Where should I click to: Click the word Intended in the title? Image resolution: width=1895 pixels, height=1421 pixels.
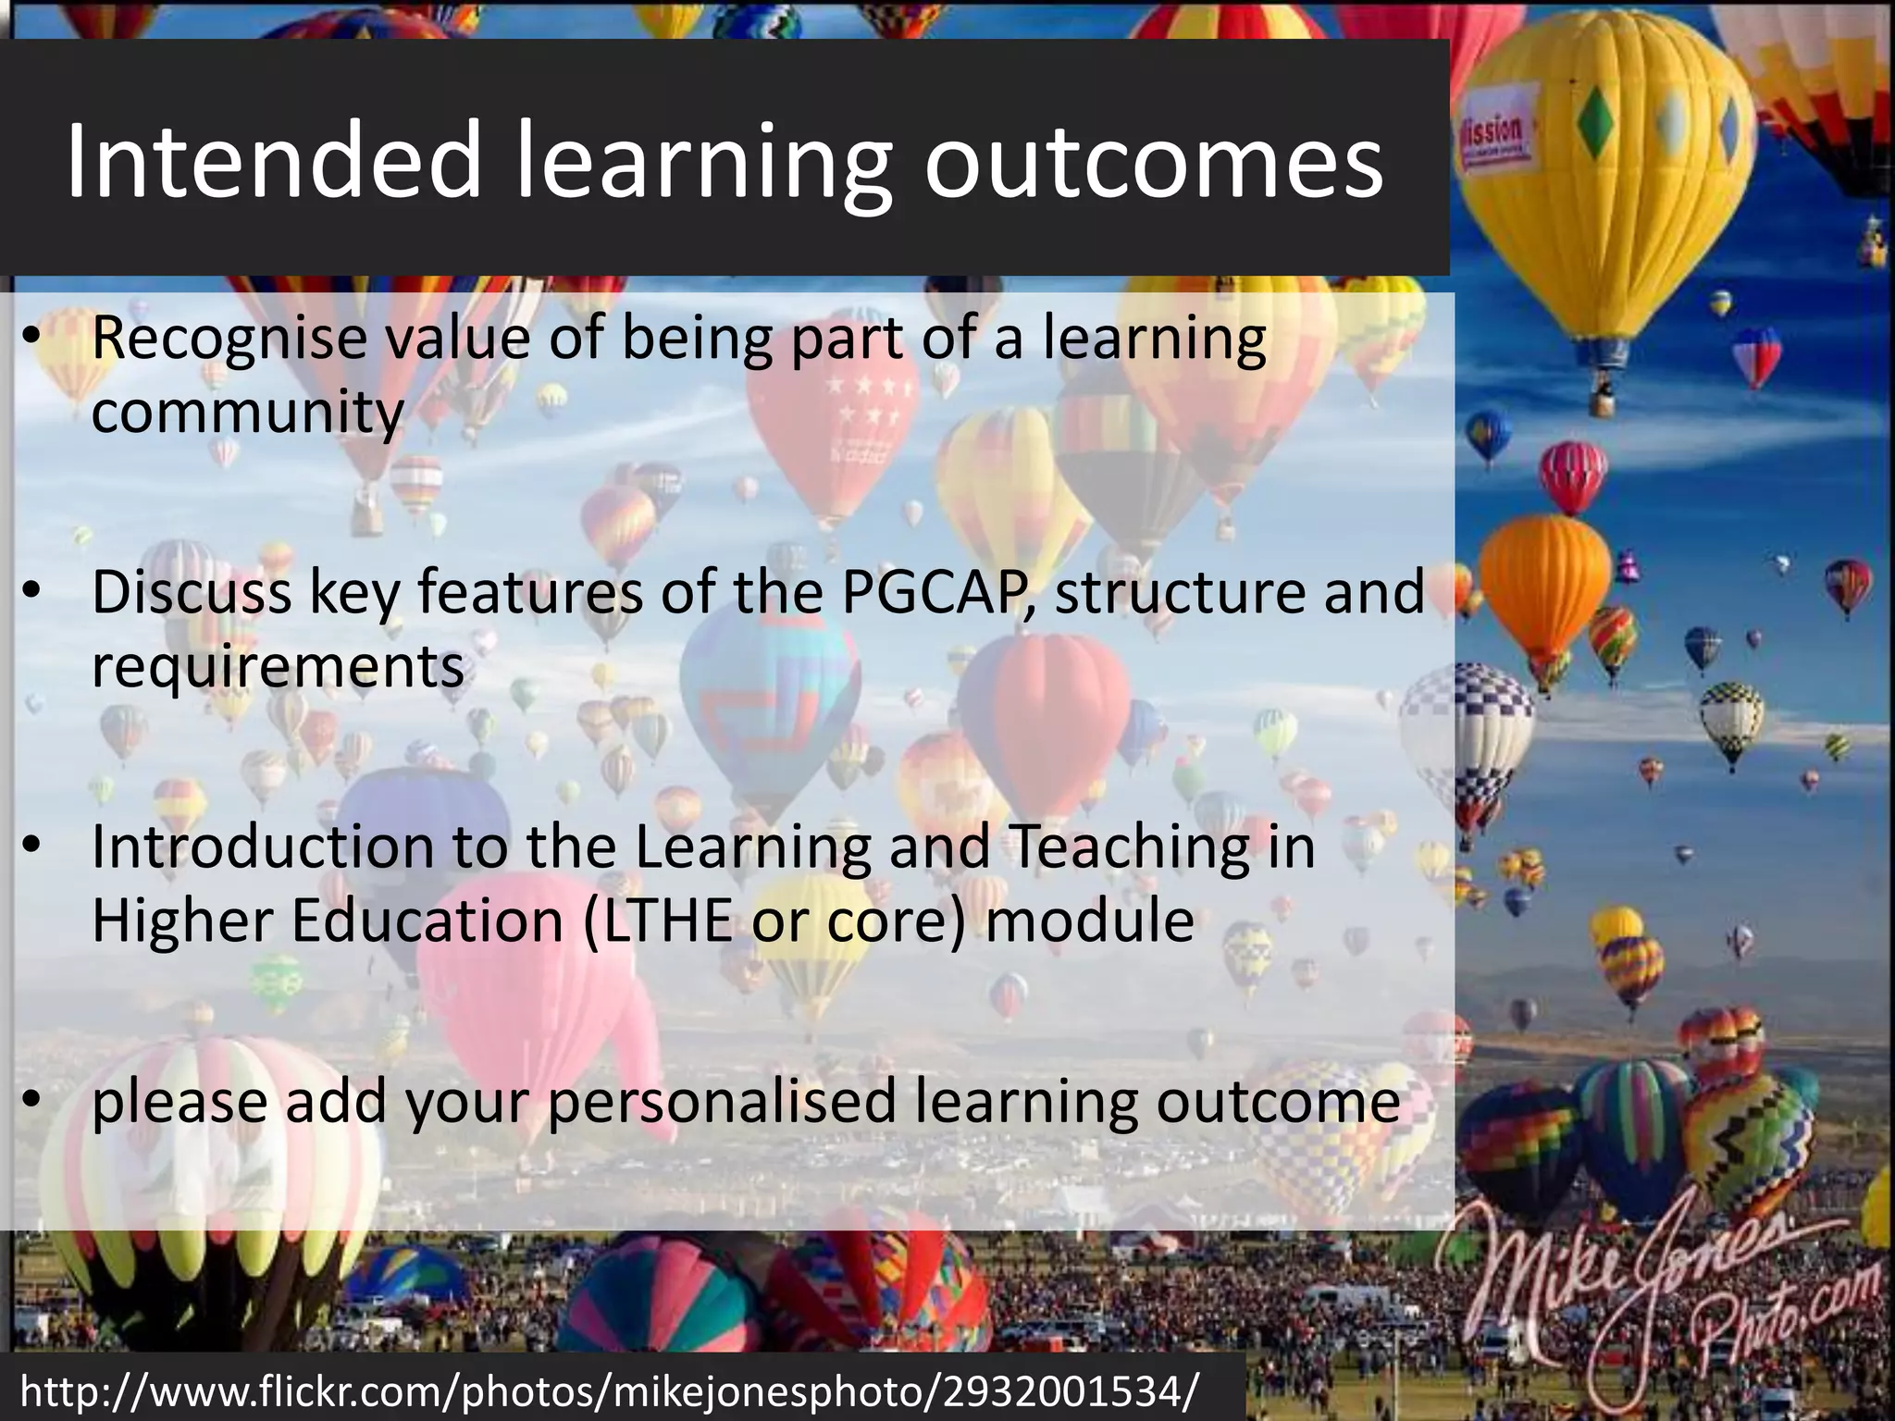click(x=274, y=163)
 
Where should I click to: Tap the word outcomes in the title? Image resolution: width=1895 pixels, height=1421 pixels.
click(x=1153, y=163)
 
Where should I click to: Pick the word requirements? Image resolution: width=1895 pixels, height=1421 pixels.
click(x=278, y=668)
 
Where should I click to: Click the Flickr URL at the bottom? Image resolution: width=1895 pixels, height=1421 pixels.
click(x=611, y=1390)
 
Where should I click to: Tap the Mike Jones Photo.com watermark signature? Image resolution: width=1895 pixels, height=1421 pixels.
click(x=1656, y=1295)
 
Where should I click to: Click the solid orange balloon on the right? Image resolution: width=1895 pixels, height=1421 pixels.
click(x=1545, y=569)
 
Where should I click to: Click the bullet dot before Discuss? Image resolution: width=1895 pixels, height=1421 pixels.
click(x=32, y=593)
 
